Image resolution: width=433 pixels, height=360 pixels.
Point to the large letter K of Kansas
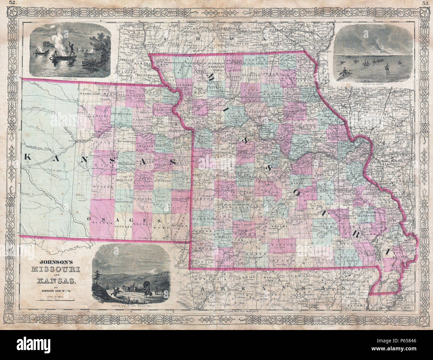(x=29, y=156)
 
